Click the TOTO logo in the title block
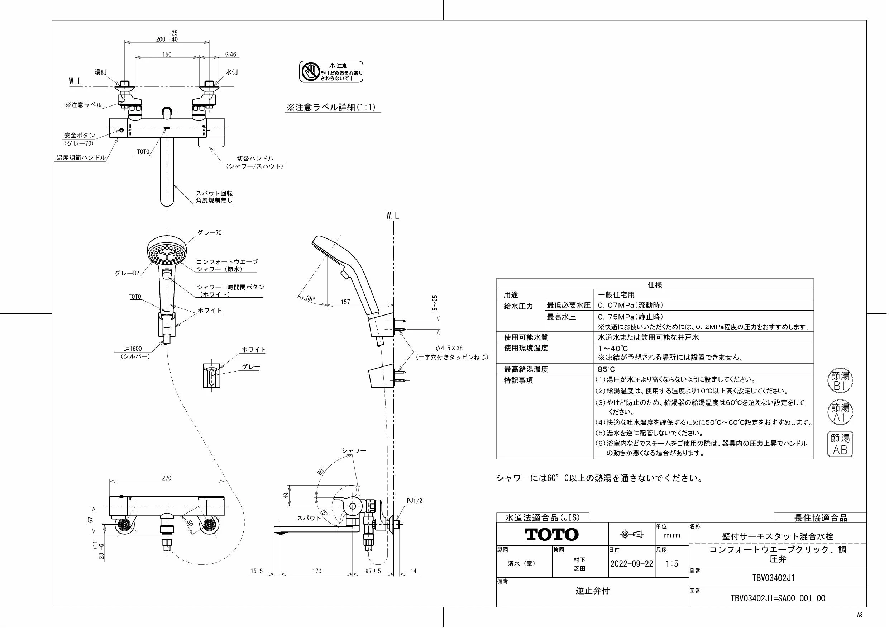(x=551, y=535)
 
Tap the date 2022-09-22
(x=631, y=563)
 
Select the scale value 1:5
(x=672, y=563)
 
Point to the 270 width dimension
(x=167, y=478)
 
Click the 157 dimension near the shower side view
(x=345, y=302)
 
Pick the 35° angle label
(x=310, y=299)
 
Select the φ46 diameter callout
(x=230, y=54)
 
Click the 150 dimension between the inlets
(x=167, y=54)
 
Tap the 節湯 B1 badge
(x=840, y=381)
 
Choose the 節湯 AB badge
(x=840, y=444)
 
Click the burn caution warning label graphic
(x=331, y=71)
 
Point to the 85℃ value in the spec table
(x=606, y=369)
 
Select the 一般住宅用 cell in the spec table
(x=616, y=295)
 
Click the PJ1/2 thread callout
(x=414, y=501)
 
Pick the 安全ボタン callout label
(x=80, y=135)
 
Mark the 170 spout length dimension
(x=317, y=571)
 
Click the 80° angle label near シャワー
(x=320, y=470)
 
